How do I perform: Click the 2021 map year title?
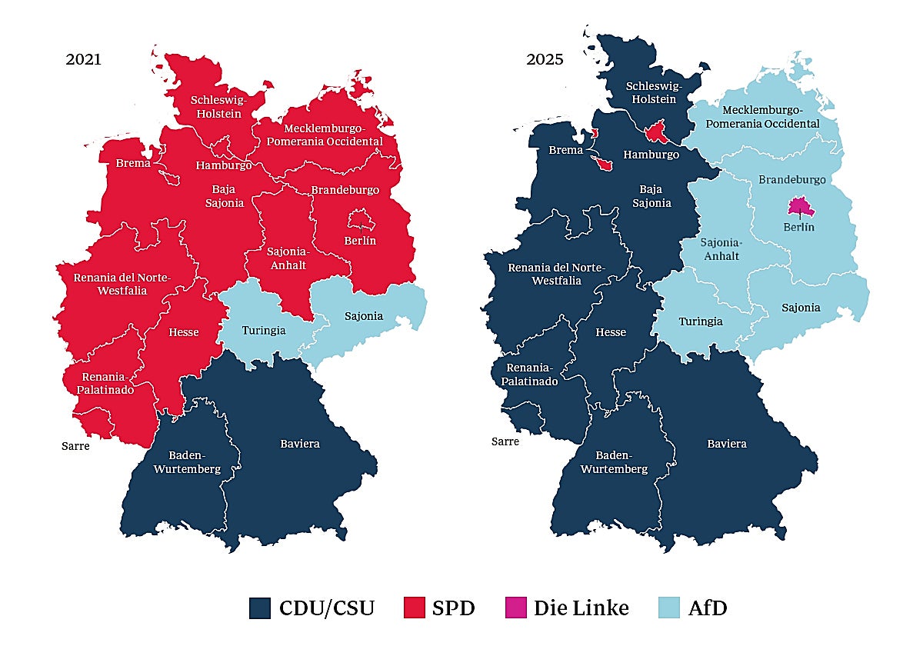tap(83, 60)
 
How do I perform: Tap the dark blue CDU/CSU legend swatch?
tap(261, 608)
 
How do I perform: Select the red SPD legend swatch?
tap(415, 608)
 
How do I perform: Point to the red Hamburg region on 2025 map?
tap(655, 133)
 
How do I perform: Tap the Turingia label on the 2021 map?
tap(264, 330)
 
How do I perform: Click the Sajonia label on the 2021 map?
tap(364, 316)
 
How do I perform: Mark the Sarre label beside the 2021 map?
tap(76, 446)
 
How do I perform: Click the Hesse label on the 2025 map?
tap(611, 332)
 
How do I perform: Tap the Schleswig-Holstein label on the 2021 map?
tap(216, 107)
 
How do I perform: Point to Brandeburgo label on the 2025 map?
tap(792, 179)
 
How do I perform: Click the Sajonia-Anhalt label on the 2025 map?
tap(721, 249)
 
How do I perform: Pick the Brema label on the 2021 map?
tap(133, 163)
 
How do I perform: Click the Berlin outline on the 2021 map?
tap(361, 221)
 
